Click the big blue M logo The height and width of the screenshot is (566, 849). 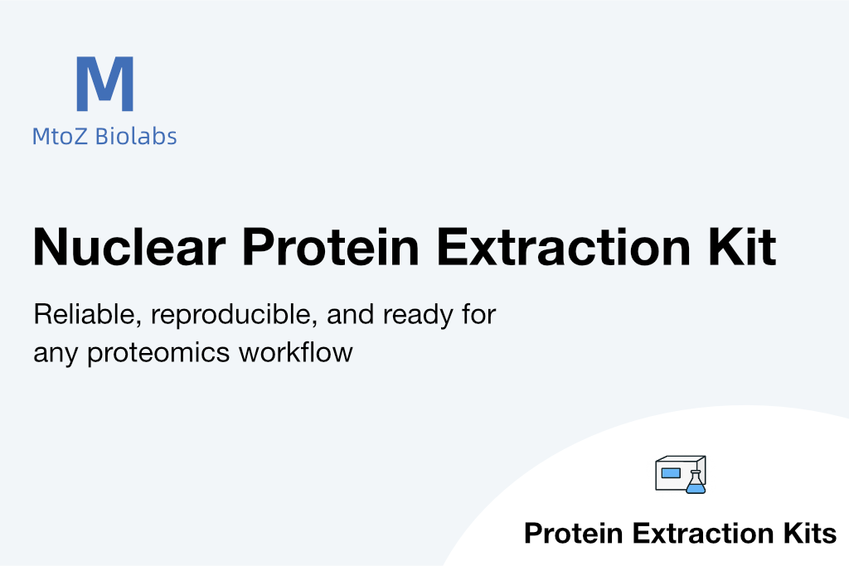[105, 84]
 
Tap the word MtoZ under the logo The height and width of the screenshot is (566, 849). [60, 137]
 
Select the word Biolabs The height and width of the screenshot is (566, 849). [136, 136]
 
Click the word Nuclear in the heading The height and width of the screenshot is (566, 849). [129, 247]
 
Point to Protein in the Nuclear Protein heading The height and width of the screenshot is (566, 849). [331, 247]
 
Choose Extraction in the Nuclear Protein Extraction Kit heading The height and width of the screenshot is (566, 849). [564, 247]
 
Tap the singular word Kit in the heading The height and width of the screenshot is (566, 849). [742, 247]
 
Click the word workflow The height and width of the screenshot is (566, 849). [296, 352]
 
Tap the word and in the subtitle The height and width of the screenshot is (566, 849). [351, 314]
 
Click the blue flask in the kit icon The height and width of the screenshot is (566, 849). [696, 482]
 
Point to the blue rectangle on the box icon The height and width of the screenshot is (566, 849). [670, 473]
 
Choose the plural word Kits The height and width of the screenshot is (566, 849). [809, 534]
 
